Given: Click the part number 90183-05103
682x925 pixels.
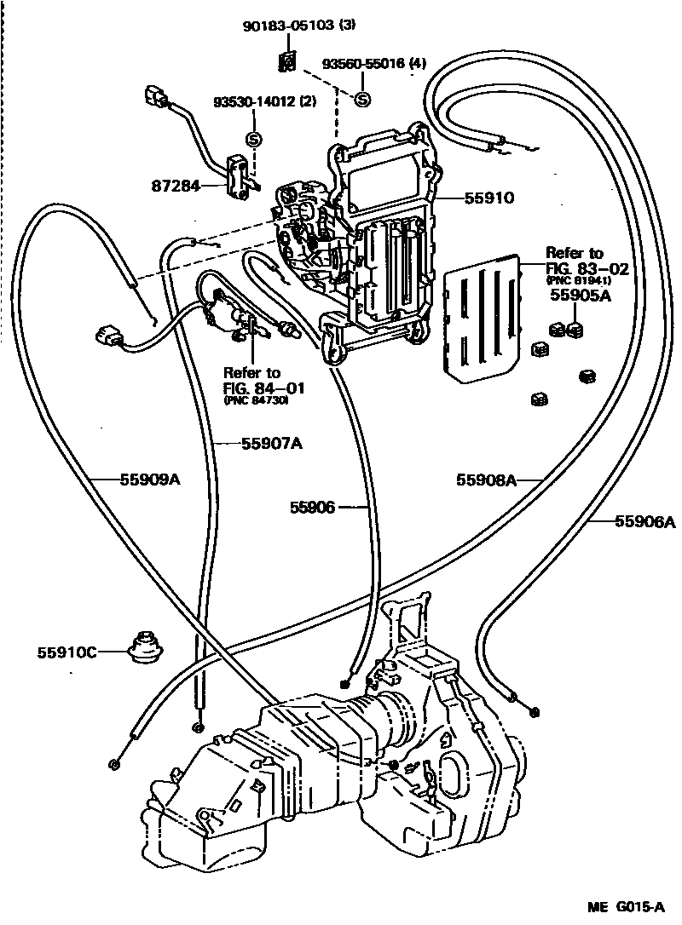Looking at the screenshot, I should pyautogui.click(x=289, y=26).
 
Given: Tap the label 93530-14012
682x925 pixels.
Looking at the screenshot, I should pyautogui.click(x=253, y=101).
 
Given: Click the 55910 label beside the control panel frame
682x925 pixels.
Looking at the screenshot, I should pyautogui.click(x=489, y=198).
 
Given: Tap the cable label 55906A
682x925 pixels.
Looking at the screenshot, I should pyautogui.click(x=644, y=521).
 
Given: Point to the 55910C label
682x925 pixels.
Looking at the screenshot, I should pyautogui.click(x=66, y=653).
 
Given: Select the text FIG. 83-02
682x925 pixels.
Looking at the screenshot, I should pyautogui.click(x=587, y=268).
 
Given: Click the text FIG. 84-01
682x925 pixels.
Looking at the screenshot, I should pyautogui.click(x=264, y=388).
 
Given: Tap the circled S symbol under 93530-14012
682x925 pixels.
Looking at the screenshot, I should pyautogui.click(x=253, y=138).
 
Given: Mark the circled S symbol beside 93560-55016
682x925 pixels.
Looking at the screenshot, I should pyautogui.click(x=361, y=100).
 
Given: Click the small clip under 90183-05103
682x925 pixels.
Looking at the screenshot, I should pyautogui.click(x=289, y=61).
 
